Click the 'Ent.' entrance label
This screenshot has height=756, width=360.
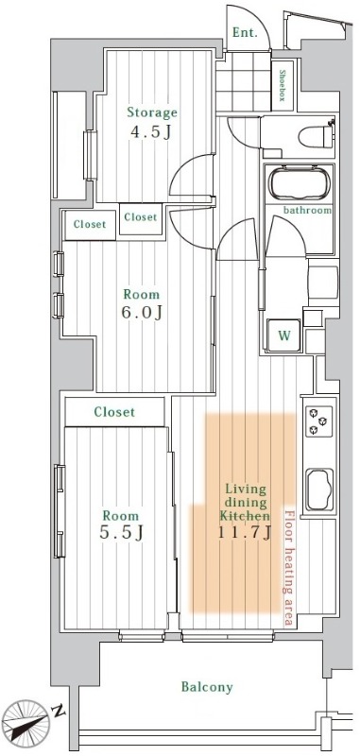coord(245,33)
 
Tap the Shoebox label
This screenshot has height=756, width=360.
coord(283,85)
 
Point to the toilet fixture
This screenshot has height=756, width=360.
coord(317,136)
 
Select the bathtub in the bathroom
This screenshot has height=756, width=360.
coord(300,183)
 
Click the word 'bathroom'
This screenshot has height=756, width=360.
coord(307,210)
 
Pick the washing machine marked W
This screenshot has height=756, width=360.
coord(284,335)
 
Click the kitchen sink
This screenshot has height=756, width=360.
coord(320,489)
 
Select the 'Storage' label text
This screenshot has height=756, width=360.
coord(152,113)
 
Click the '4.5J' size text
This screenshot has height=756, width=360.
coord(150,132)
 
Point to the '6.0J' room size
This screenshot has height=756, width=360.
coord(141,312)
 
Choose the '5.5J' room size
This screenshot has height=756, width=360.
coord(121,532)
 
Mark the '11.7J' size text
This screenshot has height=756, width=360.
coord(245,532)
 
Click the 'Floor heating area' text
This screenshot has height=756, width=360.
coord(289,567)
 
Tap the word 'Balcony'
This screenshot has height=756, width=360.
coord(207,687)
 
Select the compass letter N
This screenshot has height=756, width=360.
coord(59,711)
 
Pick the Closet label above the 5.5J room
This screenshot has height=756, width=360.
coord(114,412)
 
